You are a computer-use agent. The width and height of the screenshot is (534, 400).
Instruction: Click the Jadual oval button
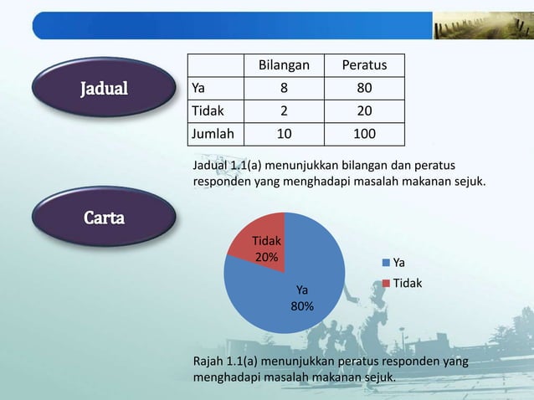(105, 88)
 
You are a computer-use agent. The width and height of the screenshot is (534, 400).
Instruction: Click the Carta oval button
(105, 218)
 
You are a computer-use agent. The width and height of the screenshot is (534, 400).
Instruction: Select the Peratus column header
(363, 65)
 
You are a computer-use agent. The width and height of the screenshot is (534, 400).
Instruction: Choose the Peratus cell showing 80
(363, 88)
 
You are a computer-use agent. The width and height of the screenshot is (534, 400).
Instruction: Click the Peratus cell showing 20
(363, 110)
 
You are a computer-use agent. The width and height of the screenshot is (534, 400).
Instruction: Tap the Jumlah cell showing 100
(363, 134)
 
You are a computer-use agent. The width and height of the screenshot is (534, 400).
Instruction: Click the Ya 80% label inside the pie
(302, 298)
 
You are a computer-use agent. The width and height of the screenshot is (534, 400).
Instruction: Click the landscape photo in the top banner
(481, 26)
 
